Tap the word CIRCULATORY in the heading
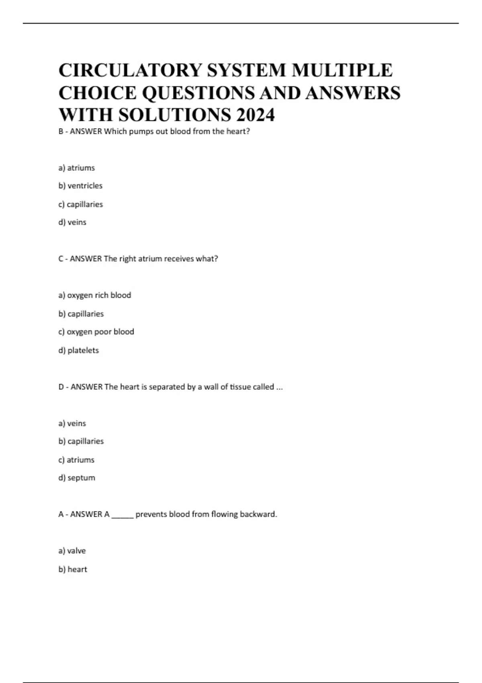click(x=131, y=70)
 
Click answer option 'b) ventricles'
click(x=80, y=186)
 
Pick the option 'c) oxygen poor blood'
click(x=96, y=332)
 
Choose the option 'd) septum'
click(x=77, y=478)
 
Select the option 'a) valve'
click(x=72, y=551)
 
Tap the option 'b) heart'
click(x=73, y=569)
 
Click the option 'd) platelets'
click(x=78, y=350)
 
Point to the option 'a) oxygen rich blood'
click(x=95, y=295)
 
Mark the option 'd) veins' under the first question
click(x=72, y=222)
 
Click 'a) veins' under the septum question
click(x=72, y=423)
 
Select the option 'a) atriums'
click(x=76, y=168)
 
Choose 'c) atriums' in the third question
click(x=76, y=460)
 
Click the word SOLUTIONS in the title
click(x=174, y=115)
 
